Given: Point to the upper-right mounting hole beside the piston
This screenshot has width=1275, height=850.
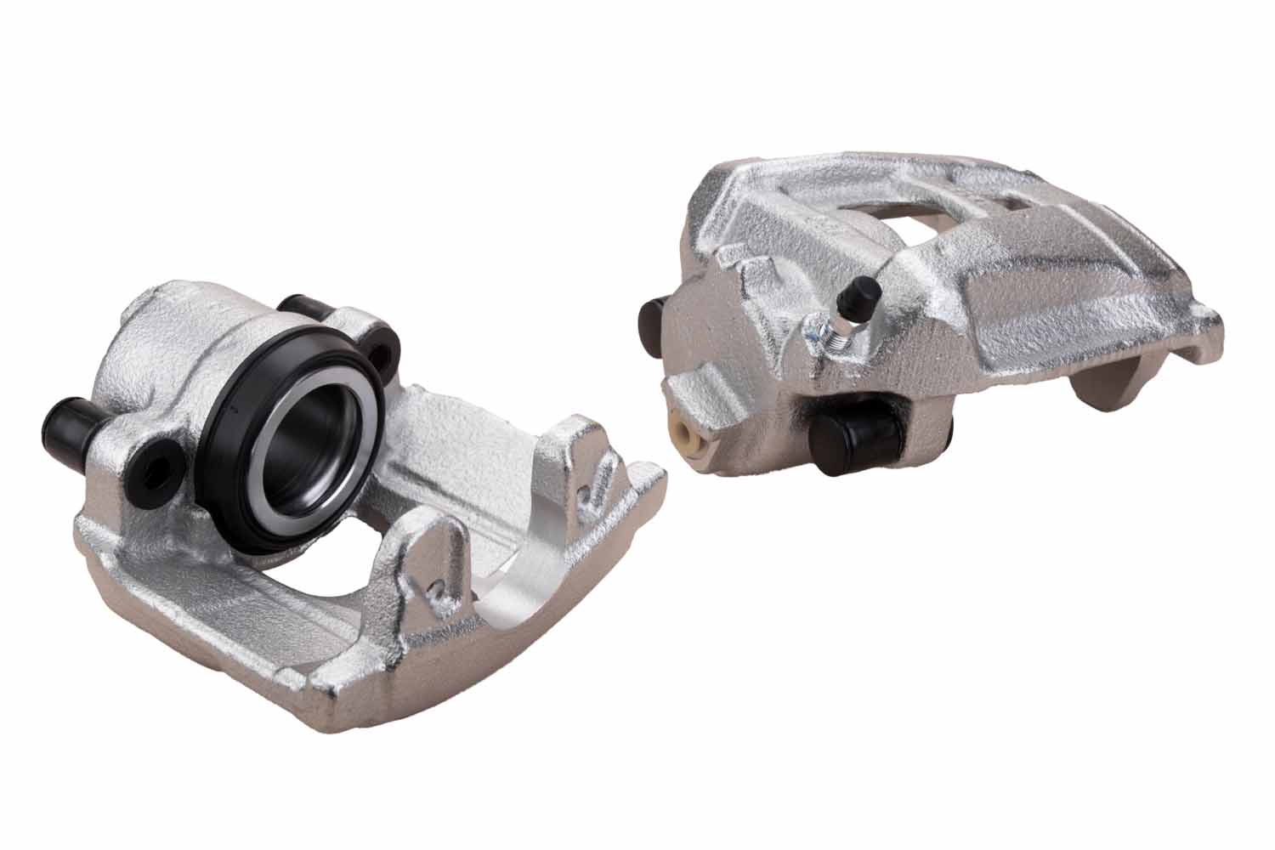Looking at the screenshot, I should pyautogui.click(x=387, y=348).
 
